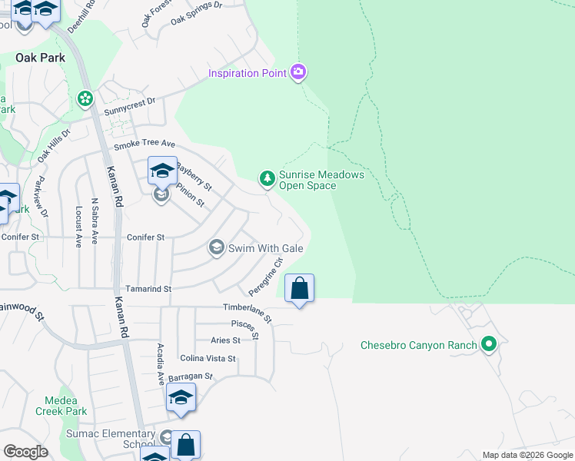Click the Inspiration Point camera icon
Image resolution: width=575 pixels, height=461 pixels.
click(298, 73)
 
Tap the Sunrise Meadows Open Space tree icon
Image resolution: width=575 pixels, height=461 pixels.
click(267, 179)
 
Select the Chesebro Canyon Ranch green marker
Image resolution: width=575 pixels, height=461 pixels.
click(487, 344)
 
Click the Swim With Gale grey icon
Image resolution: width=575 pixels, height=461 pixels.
click(217, 247)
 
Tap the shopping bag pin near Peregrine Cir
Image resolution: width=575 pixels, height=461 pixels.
click(300, 290)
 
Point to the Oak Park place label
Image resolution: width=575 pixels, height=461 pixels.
click(40, 58)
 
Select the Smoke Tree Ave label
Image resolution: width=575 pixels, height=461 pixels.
click(145, 144)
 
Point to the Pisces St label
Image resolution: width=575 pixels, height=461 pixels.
click(246, 329)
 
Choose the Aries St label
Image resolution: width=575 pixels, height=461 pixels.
click(225, 340)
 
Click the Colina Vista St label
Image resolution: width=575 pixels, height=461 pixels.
click(208, 359)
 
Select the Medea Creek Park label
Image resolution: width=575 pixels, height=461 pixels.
click(65, 406)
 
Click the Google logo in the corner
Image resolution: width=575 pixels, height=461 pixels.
click(25, 452)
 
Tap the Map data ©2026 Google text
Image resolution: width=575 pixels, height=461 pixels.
click(527, 455)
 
